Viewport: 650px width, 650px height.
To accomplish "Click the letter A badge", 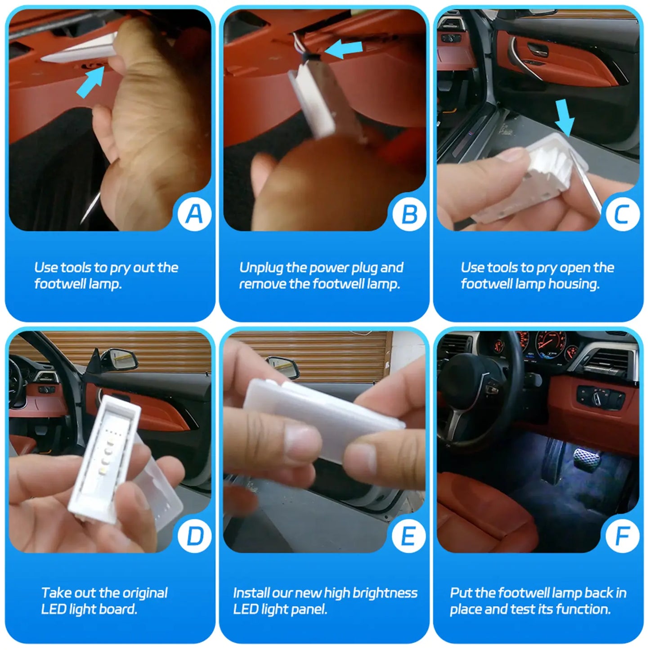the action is tap(195, 214).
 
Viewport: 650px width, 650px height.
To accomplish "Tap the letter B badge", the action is tap(409, 214).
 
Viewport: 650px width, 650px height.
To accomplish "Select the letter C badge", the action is tap(623, 214).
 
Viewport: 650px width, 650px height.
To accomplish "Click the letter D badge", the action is tap(195, 536).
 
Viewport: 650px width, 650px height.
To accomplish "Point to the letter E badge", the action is tap(409, 536).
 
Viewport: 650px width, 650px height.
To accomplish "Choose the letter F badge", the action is tap(623, 536).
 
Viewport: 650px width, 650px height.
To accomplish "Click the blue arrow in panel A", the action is tap(90, 82).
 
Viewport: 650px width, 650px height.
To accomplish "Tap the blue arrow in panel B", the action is tap(343, 49).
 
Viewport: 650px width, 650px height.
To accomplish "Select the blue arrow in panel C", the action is tap(564, 118).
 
